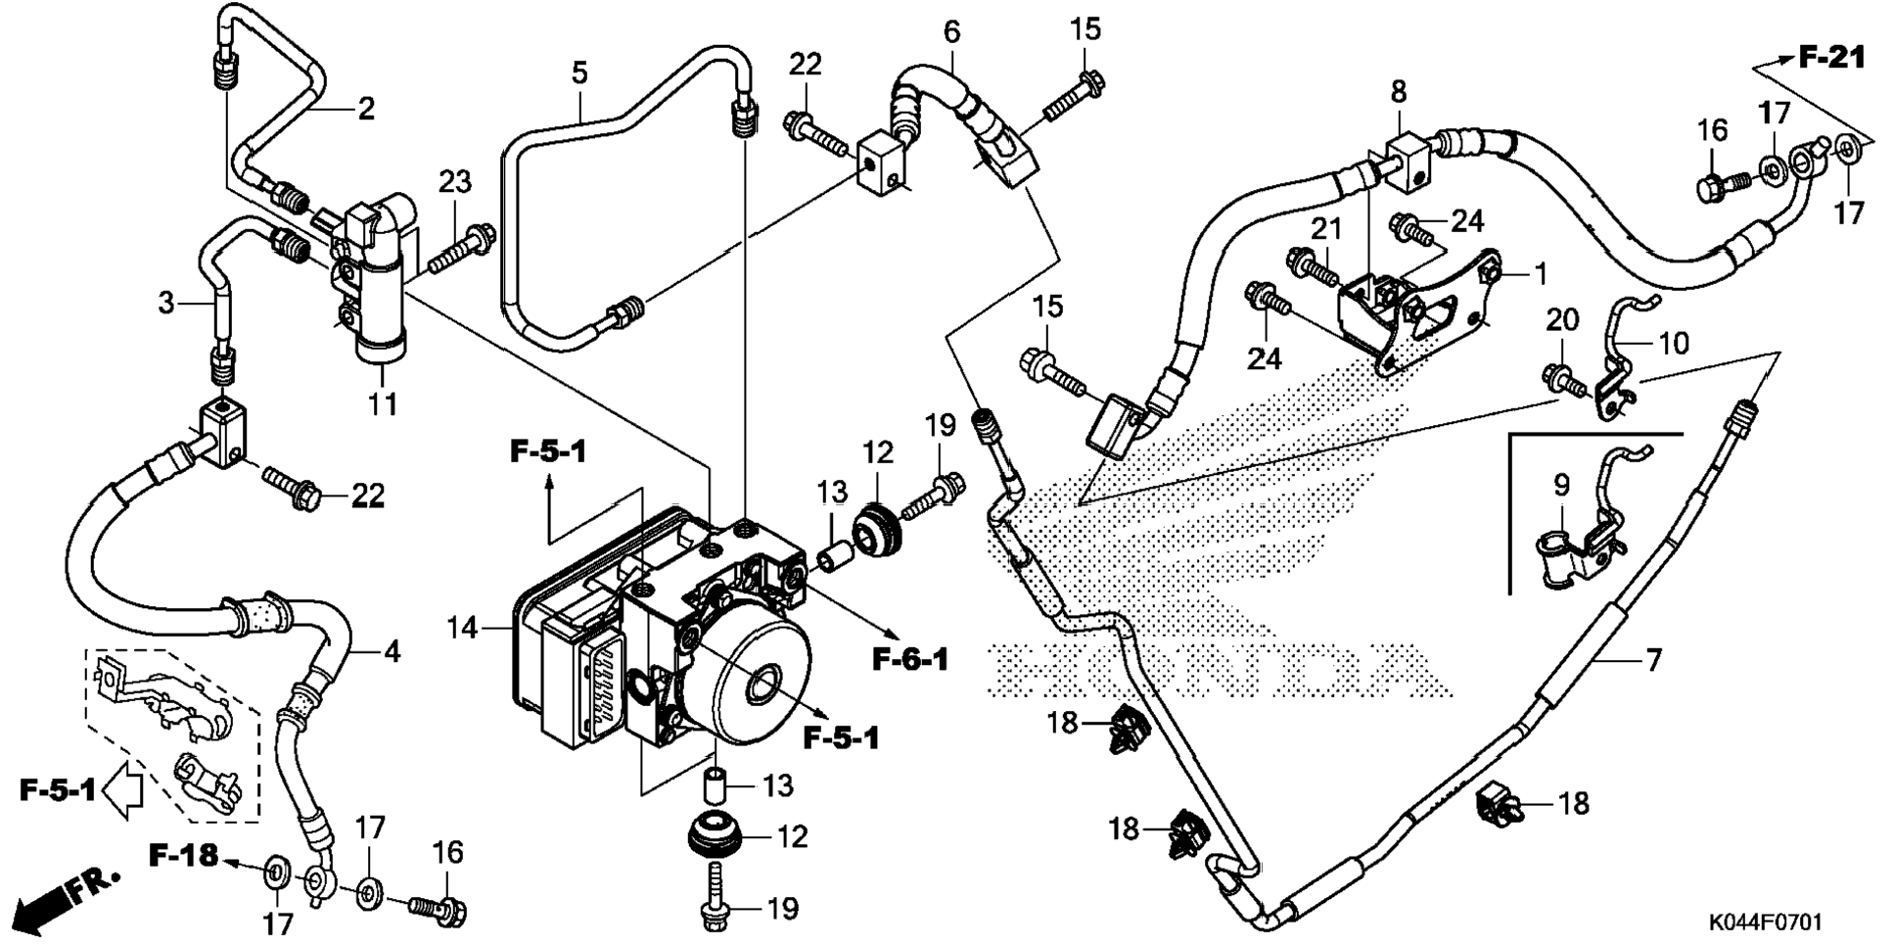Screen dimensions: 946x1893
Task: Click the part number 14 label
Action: pyautogui.click(x=462, y=627)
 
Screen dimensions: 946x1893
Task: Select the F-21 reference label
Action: pyautogui.click(x=1832, y=58)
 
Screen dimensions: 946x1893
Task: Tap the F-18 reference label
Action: pyautogui.click(x=183, y=855)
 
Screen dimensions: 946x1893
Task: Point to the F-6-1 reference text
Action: pyautogui.click(x=910, y=660)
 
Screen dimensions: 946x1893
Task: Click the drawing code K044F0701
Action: pyautogui.click(x=1765, y=922)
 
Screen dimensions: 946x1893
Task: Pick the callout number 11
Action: pyautogui.click(x=383, y=402)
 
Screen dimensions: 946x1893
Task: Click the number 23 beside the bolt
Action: pyautogui.click(x=454, y=182)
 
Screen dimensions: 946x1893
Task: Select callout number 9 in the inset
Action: pyautogui.click(x=1561, y=485)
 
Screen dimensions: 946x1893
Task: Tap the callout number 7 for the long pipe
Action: pyautogui.click(x=1653, y=660)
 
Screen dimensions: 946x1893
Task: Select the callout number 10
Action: pyautogui.click(x=1673, y=344)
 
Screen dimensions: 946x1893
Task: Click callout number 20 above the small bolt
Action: pyautogui.click(x=1562, y=319)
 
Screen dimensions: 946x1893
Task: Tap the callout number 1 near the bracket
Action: pyautogui.click(x=1541, y=274)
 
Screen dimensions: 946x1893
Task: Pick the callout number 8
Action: pyautogui.click(x=1399, y=92)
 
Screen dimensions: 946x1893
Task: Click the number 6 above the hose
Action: pyautogui.click(x=951, y=32)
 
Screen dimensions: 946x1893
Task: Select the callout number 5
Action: pyautogui.click(x=579, y=72)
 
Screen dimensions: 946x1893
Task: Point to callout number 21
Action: pyautogui.click(x=1326, y=229)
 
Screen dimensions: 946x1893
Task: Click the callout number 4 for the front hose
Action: pyautogui.click(x=392, y=651)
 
